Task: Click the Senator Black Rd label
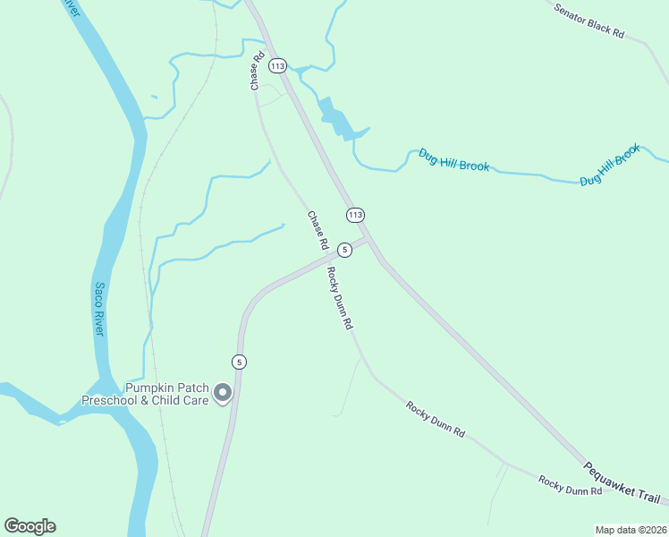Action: coord(589,20)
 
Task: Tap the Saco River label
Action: coord(100,310)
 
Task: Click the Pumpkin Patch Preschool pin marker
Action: coord(223,392)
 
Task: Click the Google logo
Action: coord(30,526)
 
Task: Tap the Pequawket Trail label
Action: coord(622,482)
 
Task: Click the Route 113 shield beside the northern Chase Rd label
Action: coord(277,66)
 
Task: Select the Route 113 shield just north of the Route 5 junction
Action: coord(356,215)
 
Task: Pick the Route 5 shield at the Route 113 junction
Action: coord(344,250)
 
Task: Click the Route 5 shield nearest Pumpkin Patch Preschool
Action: coord(238,362)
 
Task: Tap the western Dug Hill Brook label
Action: coord(453,159)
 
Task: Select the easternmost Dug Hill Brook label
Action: coord(610,166)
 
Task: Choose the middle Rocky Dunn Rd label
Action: coord(436,419)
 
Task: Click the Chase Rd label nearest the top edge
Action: coord(258,70)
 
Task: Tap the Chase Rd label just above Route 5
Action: coord(318,230)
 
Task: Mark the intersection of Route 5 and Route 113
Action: coord(368,239)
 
